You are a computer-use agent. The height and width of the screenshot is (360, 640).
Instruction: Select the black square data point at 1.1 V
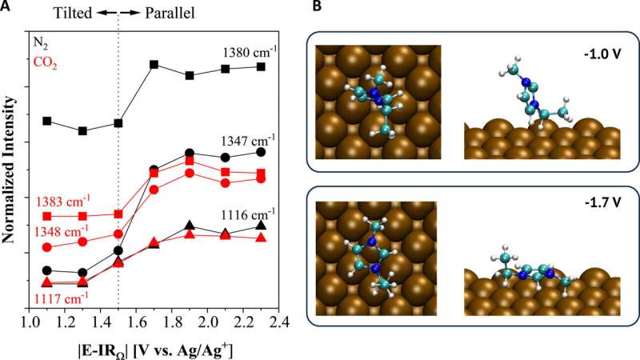click(x=47, y=121)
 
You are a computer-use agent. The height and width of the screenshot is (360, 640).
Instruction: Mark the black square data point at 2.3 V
click(x=261, y=66)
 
